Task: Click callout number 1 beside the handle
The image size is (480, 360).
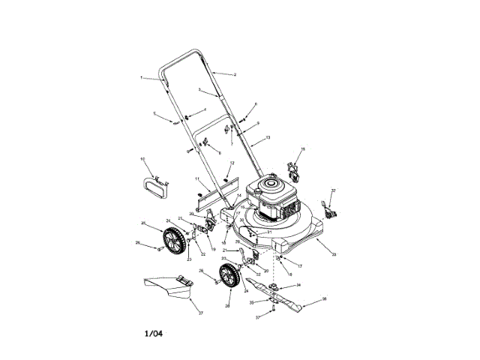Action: coord(140,77)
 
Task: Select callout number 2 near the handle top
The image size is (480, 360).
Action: coord(235,75)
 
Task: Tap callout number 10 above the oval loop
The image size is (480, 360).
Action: coord(142,160)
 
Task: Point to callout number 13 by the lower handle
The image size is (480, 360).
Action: coord(268,138)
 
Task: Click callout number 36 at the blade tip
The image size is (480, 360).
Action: coord(324,298)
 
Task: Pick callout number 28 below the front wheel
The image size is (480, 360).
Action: coord(226,306)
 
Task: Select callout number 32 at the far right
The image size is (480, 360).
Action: coord(334,190)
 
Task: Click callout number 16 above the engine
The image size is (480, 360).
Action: coord(303,150)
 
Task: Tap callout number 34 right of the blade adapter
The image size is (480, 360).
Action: coord(298,285)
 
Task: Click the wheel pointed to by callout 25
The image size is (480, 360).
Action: coord(173,241)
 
